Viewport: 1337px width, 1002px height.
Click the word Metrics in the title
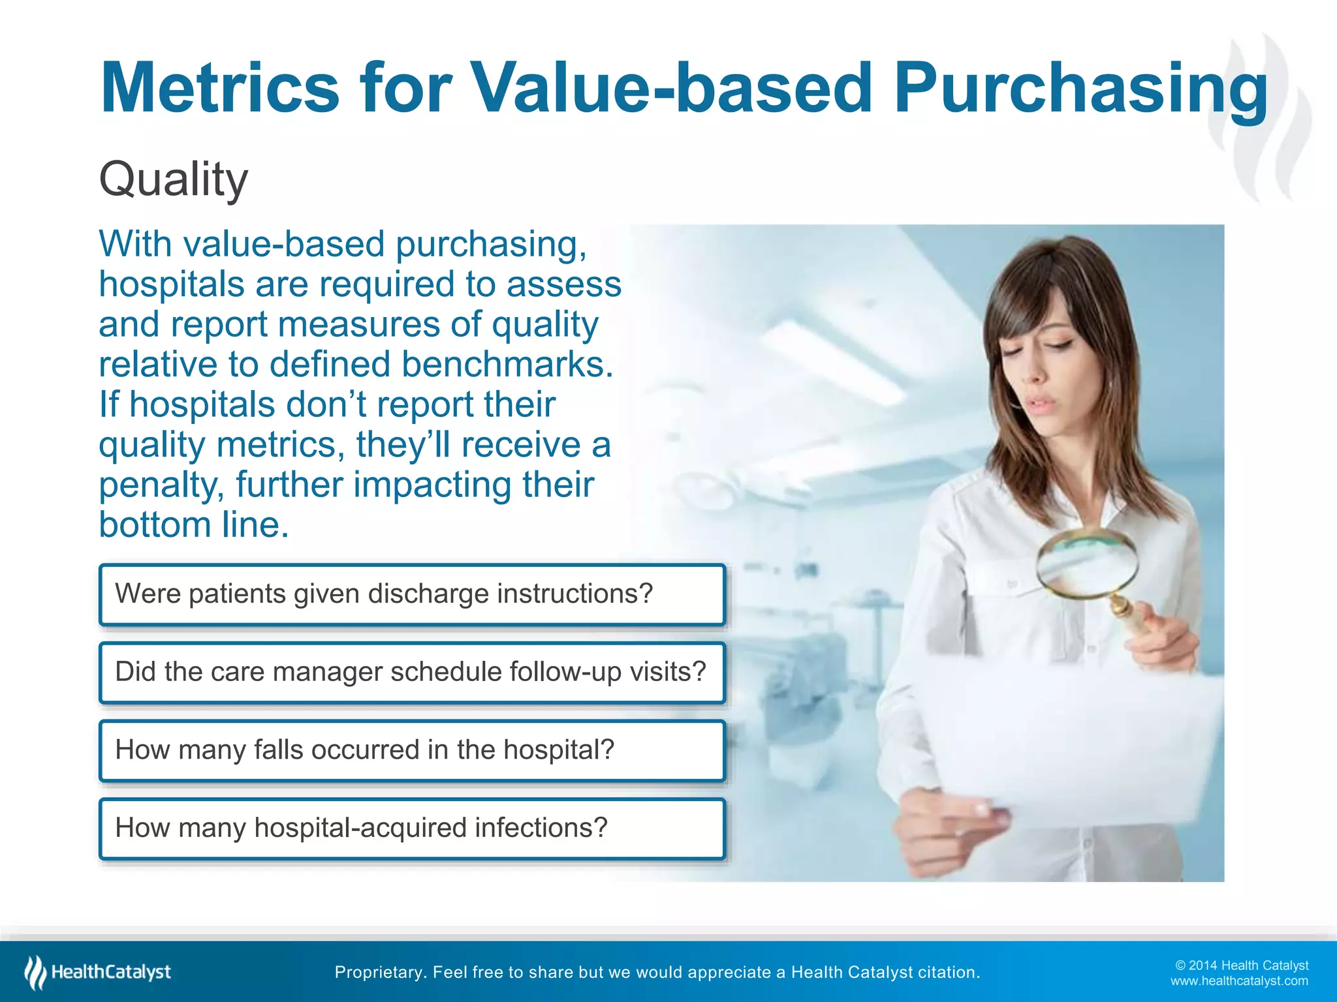click(220, 88)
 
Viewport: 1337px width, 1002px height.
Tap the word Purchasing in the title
click(1080, 88)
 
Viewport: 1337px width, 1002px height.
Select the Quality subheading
click(173, 179)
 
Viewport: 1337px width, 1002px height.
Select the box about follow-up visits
click(412, 673)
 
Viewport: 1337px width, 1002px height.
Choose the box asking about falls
click(412, 750)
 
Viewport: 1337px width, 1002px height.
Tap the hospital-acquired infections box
click(412, 828)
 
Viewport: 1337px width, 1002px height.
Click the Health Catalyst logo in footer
click(98, 972)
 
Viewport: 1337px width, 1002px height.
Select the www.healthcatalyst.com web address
click(1238, 981)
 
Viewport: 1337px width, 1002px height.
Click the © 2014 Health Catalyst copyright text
click(1241, 965)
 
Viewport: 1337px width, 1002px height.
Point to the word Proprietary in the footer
click(379, 973)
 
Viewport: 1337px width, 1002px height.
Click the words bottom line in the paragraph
click(193, 525)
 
